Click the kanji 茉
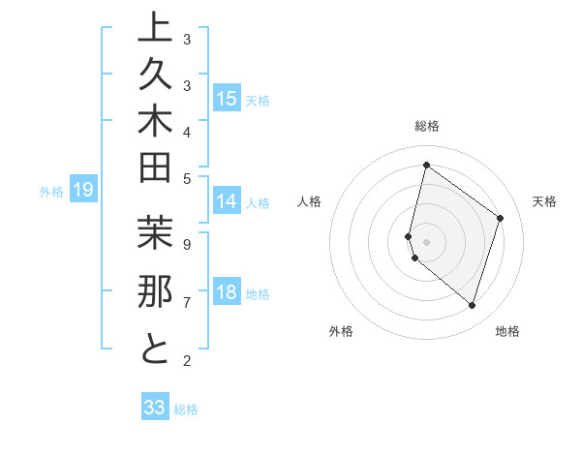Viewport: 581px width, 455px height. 155,236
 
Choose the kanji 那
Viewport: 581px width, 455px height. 155,293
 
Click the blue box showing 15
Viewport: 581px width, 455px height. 227,99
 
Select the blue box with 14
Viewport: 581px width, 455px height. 227,201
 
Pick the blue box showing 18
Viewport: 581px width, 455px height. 227,292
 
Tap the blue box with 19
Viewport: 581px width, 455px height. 83,191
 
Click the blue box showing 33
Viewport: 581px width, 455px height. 155,408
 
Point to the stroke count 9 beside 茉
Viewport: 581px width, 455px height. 186,244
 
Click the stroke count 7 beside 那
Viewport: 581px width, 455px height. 186,303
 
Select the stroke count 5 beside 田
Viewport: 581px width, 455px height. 186,177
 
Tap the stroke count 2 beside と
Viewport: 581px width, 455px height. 186,361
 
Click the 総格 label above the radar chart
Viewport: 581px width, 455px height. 426,126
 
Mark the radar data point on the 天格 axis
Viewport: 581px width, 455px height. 500,218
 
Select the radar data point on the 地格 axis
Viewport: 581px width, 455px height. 472,306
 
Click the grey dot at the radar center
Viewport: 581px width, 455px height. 426,241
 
